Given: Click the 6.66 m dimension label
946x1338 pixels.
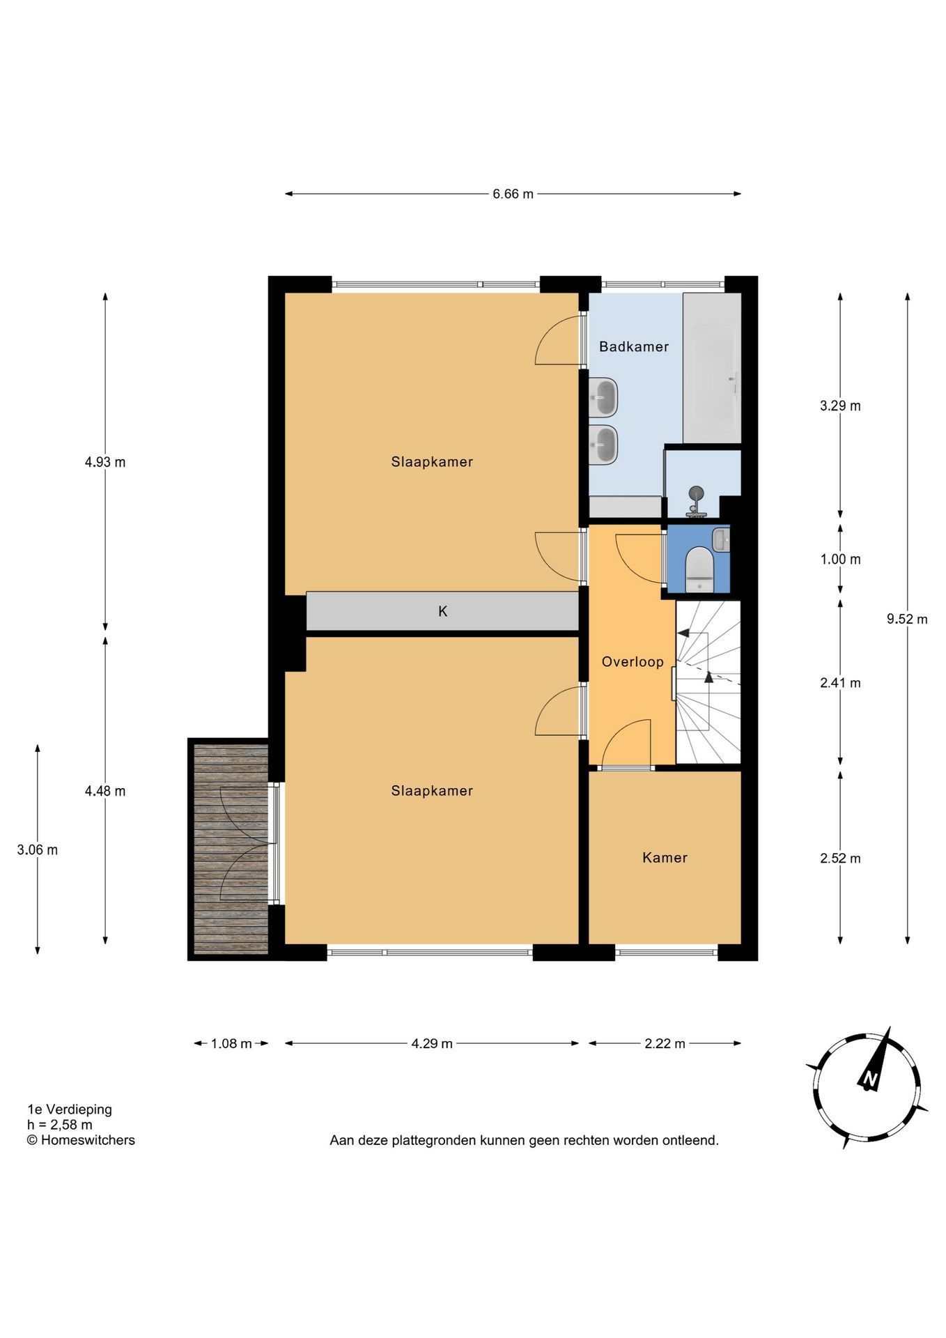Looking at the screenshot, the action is point(513,194).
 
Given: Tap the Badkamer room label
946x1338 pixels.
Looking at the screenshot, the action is point(634,346).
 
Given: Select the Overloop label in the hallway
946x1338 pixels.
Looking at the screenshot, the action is point(633,662).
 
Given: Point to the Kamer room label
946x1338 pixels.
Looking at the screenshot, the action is point(665,858).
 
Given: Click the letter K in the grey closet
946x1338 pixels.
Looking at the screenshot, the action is point(442,611).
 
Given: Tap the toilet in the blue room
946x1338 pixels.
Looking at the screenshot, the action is point(699,570).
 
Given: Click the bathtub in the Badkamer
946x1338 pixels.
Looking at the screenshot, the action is point(711,368).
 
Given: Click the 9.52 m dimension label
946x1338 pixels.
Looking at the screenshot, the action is point(907,619).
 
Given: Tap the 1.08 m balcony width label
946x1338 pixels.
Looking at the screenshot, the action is point(231,1043).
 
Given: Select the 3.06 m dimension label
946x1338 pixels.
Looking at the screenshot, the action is point(38,849).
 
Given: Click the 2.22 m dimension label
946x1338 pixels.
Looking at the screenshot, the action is point(665,1043).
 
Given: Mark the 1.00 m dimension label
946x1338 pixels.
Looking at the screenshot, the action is point(840,560).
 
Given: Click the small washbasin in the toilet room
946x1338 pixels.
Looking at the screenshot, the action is point(721,538).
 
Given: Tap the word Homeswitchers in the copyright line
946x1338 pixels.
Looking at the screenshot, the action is point(88,1140).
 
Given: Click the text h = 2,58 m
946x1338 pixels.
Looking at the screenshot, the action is point(59,1125).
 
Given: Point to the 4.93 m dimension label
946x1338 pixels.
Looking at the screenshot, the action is point(105,462).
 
